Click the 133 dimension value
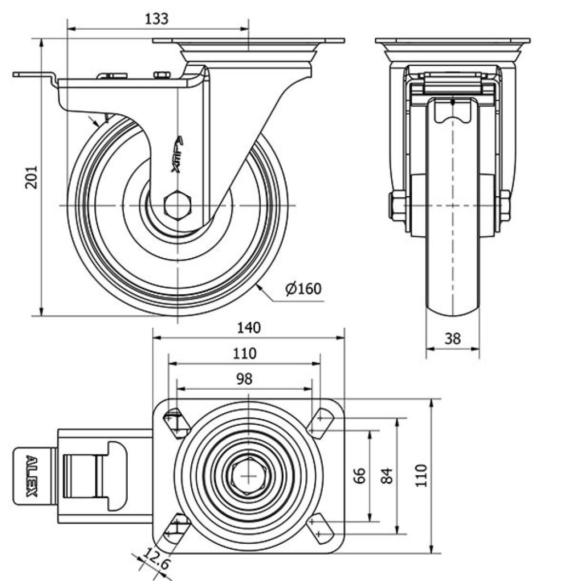[157, 19]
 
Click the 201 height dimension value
[32, 176]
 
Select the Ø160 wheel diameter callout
[303, 288]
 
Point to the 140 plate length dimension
[248, 328]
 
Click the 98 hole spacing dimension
[246, 378]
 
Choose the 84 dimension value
[386, 476]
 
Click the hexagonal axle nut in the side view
[178, 205]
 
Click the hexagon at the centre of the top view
[248, 475]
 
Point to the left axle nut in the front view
[397, 206]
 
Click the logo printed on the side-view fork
[178, 155]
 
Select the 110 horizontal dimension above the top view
[244, 354]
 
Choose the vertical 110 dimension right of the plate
[421, 476]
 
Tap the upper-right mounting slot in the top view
[321, 422]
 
